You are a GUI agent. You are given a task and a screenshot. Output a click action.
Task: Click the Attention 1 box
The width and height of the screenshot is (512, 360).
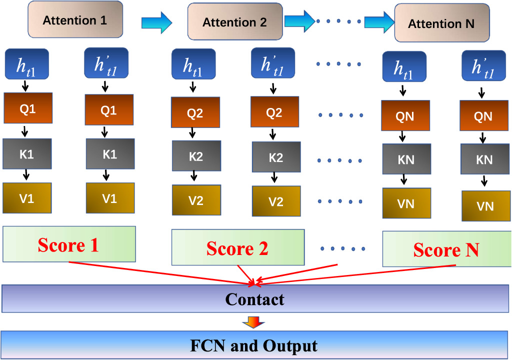coord(75,20)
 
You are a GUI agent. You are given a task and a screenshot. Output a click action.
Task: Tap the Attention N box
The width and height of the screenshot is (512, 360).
coord(441,23)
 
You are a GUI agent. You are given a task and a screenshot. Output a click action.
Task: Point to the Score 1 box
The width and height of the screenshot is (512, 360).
coord(69,244)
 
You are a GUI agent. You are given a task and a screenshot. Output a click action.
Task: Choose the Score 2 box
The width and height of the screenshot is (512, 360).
coord(238,247)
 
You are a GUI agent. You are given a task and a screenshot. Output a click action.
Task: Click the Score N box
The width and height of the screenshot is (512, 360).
coord(446,248)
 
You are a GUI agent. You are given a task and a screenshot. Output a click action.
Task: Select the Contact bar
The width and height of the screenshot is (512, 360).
coord(255,299)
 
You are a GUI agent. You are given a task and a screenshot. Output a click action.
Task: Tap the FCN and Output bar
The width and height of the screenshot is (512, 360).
coord(255,345)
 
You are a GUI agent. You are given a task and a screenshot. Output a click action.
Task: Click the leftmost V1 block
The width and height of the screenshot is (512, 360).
coord(27,198)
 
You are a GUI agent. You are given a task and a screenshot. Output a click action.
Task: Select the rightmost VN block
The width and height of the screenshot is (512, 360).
coord(485,205)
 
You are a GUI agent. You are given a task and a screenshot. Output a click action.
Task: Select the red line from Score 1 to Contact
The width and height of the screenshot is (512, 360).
coord(160,273)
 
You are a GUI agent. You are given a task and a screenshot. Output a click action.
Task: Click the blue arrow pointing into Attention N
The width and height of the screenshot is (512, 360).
coord(378,22)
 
